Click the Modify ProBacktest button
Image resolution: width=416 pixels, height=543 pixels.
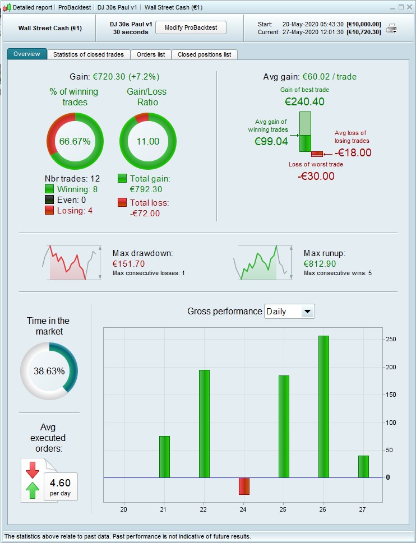coord(191,27)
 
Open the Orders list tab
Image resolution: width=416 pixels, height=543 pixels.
coord(151,54)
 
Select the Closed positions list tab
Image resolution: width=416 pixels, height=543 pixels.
coord(204,54)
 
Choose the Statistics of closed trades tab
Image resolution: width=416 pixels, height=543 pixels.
coord(89,54)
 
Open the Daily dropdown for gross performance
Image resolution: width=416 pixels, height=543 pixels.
coord(289,312)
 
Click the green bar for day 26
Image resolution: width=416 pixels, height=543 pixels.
coord(323,406)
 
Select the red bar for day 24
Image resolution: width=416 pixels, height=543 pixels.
coord(244,486)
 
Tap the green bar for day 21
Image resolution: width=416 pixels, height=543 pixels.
coord(164,457)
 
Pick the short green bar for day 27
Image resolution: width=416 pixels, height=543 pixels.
coord(363,466)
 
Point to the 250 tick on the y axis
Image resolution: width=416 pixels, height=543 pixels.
coord(391,340)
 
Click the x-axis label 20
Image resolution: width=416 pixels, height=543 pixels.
coord(124,509)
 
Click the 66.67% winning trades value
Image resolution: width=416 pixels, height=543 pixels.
coord(75,141)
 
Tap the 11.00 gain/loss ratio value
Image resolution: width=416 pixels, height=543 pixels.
coord(148,141)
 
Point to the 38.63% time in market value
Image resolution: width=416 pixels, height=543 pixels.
coord(49,371)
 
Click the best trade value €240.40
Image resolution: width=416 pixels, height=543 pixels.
coord(304,102)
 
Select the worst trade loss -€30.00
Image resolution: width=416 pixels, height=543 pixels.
coord(316,176)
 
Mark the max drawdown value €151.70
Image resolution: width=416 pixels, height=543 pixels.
coord(128,263)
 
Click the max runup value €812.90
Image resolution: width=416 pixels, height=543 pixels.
coord(320,263)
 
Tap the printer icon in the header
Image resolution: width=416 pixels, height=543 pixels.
coord(391,28)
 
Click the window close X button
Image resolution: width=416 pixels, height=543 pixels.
coord(409,7)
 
